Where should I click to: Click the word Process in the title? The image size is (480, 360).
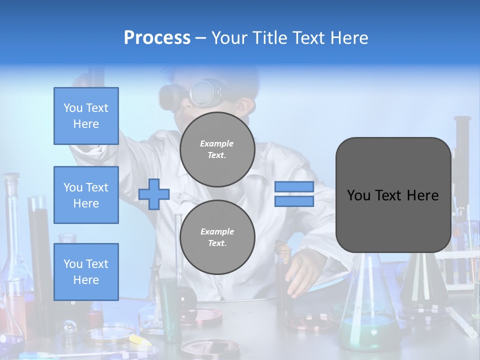pos(157,37)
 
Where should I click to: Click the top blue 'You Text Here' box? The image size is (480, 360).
pos(86,116)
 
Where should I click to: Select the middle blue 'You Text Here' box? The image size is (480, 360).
pos(86,195)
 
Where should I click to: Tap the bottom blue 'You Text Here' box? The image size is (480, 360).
pos(86,271)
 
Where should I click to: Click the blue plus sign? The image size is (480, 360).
pos(154,194)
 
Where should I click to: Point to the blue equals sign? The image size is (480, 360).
pos(294,194)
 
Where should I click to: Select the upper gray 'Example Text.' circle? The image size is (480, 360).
pos(217,149)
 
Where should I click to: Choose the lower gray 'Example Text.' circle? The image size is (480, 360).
pos(217,237)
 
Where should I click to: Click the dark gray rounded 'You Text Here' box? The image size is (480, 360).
pos(393,195)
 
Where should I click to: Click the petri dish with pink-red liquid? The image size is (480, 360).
pos(202,316)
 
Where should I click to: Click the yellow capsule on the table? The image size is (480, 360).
pos(137,340)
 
